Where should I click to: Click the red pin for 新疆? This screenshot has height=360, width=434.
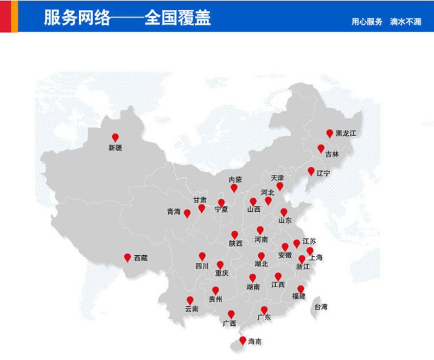point(115,137)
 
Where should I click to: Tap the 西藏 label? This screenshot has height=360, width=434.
point(141,258)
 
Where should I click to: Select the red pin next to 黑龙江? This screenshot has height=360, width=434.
point(329,133)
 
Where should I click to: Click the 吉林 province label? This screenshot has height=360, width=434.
point(332,154)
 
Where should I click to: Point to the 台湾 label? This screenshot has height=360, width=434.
point(321,307)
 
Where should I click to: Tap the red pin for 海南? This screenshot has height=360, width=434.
point(242,341)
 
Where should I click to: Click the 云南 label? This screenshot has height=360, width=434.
point(192,310)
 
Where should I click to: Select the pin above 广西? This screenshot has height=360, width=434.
point(231,314)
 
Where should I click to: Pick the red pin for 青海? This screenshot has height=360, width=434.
point(187,213)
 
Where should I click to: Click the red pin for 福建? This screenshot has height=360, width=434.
point(301,289)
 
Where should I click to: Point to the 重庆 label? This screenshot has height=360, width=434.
point(221,273)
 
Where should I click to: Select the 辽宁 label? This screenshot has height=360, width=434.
point(323,173)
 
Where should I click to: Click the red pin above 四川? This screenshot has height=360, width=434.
point(202,256)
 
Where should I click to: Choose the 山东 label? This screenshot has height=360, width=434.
point(285,220)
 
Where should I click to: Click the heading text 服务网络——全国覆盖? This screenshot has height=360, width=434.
point(127,18)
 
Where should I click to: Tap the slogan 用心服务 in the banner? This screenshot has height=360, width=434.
point(367,22)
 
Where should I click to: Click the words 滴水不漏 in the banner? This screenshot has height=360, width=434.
point(405,22)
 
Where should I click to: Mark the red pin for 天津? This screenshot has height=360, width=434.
point(280,186)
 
